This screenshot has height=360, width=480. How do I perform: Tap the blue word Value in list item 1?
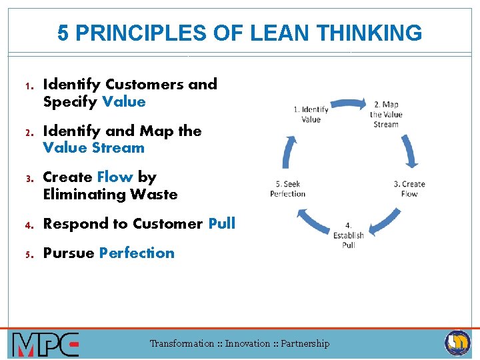coord(123,101)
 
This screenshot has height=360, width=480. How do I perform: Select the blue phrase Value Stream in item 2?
coord(93,148)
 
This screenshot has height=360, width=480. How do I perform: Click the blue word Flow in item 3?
coord(115,177)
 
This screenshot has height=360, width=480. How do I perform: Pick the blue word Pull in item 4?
coord(221,223)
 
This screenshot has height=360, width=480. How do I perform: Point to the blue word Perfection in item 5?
coord(137,253)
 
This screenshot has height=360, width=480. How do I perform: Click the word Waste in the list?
coord(153,195)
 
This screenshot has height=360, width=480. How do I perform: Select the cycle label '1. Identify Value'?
coord(311,114)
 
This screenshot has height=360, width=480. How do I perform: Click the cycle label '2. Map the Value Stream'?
coord(386,114)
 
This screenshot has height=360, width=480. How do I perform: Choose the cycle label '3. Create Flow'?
coord(409,189)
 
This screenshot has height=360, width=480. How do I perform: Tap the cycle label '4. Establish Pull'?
coord(349,235)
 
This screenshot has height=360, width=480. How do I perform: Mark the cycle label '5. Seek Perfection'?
coord(287,189)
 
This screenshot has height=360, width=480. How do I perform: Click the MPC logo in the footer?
coord(45,344)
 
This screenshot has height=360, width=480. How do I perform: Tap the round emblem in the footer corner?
coord(457,343)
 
